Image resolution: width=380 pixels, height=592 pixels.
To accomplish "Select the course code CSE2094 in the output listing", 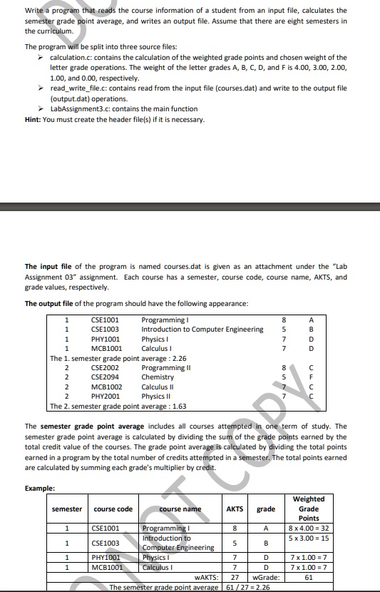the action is (x=106, y=377).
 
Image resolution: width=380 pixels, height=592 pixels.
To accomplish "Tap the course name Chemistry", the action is (x=158, y=377).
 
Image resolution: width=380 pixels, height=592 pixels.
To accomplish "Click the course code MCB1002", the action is (x=106, y=387).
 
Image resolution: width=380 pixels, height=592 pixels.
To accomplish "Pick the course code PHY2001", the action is (x=106, y=396).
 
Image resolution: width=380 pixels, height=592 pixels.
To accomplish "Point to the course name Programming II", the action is (x=164, y=367).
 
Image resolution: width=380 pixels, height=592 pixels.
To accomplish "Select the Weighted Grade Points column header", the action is (x=308, y=509).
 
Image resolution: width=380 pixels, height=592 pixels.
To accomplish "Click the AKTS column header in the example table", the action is (x=235, y=509).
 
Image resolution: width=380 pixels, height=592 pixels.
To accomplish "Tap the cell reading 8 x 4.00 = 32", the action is (x=308, y=529).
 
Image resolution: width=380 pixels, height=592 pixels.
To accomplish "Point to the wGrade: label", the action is (x=266, y=576).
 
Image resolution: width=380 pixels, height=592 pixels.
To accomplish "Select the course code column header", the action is (x=113, y=509).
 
